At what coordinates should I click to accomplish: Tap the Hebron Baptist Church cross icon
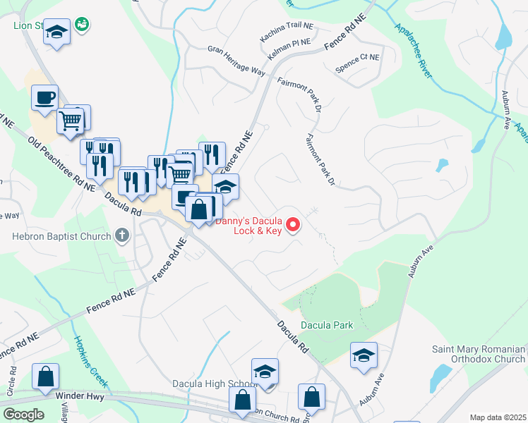click(121, 235)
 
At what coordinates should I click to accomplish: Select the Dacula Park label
click(326, 325)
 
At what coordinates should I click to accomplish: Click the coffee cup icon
click(44, 97)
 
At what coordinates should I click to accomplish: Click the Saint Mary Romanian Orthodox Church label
click(479, 355)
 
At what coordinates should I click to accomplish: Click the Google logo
click(23, 414)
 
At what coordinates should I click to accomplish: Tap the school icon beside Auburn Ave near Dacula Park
click(364, 355)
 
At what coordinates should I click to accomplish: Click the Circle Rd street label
click(11, 380)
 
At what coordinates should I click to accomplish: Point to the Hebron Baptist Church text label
click(60, 235)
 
